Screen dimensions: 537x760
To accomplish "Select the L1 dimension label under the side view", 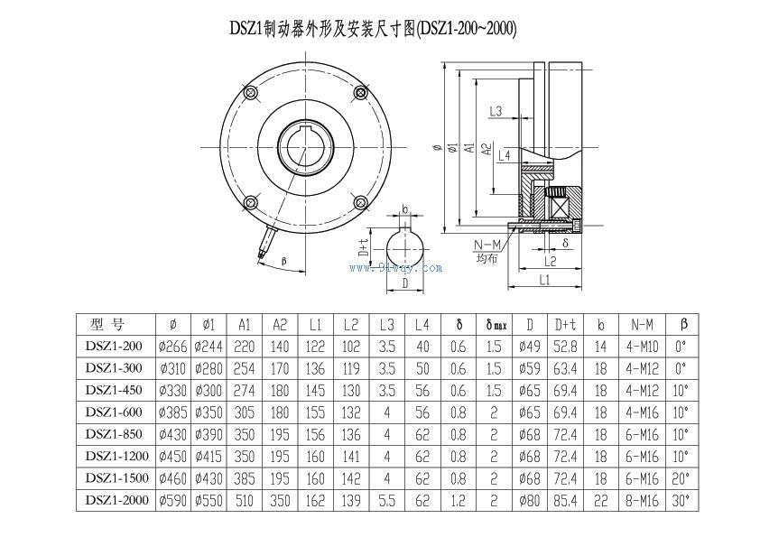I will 544,281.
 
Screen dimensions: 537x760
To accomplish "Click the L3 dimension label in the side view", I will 496,111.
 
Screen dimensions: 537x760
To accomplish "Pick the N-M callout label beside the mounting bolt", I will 487,245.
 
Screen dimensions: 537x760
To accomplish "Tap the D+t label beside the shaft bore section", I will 364,247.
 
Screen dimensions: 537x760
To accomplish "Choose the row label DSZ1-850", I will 114,433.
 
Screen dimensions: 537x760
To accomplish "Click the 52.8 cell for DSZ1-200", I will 566,346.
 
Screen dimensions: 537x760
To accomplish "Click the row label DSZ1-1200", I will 114,455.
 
